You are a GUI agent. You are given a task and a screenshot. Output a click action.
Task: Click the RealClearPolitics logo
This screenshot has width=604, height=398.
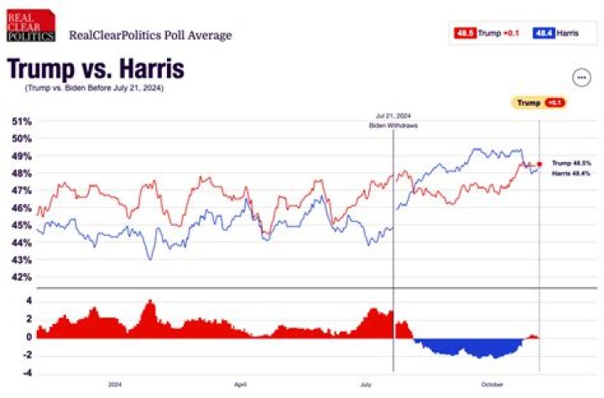(x=31, y=27)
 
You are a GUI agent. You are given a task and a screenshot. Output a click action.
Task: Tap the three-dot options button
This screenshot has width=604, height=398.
(x=581, y=77)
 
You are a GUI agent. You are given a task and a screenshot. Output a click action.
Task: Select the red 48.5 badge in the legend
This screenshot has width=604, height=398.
(x=465, y=33)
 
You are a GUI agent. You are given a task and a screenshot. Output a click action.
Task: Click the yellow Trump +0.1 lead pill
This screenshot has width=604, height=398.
(x=538, y=102)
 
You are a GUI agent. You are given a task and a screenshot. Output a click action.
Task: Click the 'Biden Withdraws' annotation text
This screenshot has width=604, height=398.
(x=393, y=125)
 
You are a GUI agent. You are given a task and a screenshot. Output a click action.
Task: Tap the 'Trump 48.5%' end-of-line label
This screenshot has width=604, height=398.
(x=571, y=163)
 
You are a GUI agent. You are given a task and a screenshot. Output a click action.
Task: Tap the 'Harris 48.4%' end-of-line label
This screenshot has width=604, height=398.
(x=571, y=173)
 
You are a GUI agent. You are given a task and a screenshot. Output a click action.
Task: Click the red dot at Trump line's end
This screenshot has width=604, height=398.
(x=540, y=164)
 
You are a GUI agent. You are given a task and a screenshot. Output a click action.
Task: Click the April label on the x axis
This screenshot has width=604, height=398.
(x=240, y=385)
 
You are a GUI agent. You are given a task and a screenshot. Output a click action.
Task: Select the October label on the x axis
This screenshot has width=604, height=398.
(x=492, y=385)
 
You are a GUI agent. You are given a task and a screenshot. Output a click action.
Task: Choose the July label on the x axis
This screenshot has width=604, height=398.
(x=366, y=385)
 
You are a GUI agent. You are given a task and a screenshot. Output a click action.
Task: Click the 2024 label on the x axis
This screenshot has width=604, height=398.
(x=116, y=385)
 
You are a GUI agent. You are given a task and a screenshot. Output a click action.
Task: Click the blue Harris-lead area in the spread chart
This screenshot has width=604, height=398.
(x=470, y=347)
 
